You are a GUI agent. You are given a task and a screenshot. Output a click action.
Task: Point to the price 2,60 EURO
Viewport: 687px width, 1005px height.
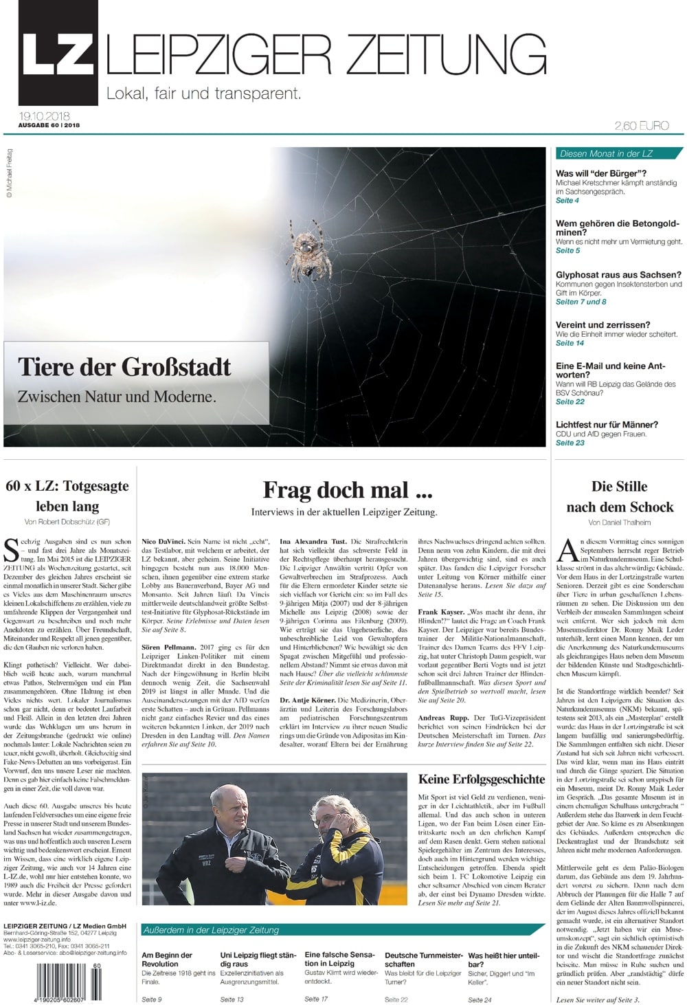(641, 126)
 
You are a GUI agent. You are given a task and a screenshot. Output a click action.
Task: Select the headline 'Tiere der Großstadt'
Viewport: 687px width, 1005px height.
(124, 367)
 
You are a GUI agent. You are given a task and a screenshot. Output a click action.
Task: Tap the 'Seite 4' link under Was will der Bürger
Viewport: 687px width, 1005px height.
(567, 201)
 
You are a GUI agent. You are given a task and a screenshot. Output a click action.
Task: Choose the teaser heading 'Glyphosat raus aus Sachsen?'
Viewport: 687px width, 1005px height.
(618, 275)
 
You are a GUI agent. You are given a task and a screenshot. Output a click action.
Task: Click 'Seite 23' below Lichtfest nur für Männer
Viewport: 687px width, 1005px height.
(570, 443)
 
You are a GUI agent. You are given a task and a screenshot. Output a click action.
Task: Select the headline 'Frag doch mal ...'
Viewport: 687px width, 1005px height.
(347, 490)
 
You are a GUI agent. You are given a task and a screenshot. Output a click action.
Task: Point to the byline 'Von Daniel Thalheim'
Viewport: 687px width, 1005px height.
(619, 523)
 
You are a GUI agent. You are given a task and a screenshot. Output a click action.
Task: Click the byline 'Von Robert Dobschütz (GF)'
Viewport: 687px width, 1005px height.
(67, 522)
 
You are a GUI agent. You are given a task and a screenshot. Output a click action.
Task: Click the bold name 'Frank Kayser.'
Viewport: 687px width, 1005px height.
(441, 611)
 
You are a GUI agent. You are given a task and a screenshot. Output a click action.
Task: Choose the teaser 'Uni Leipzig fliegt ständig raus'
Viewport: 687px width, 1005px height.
(258, 960)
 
